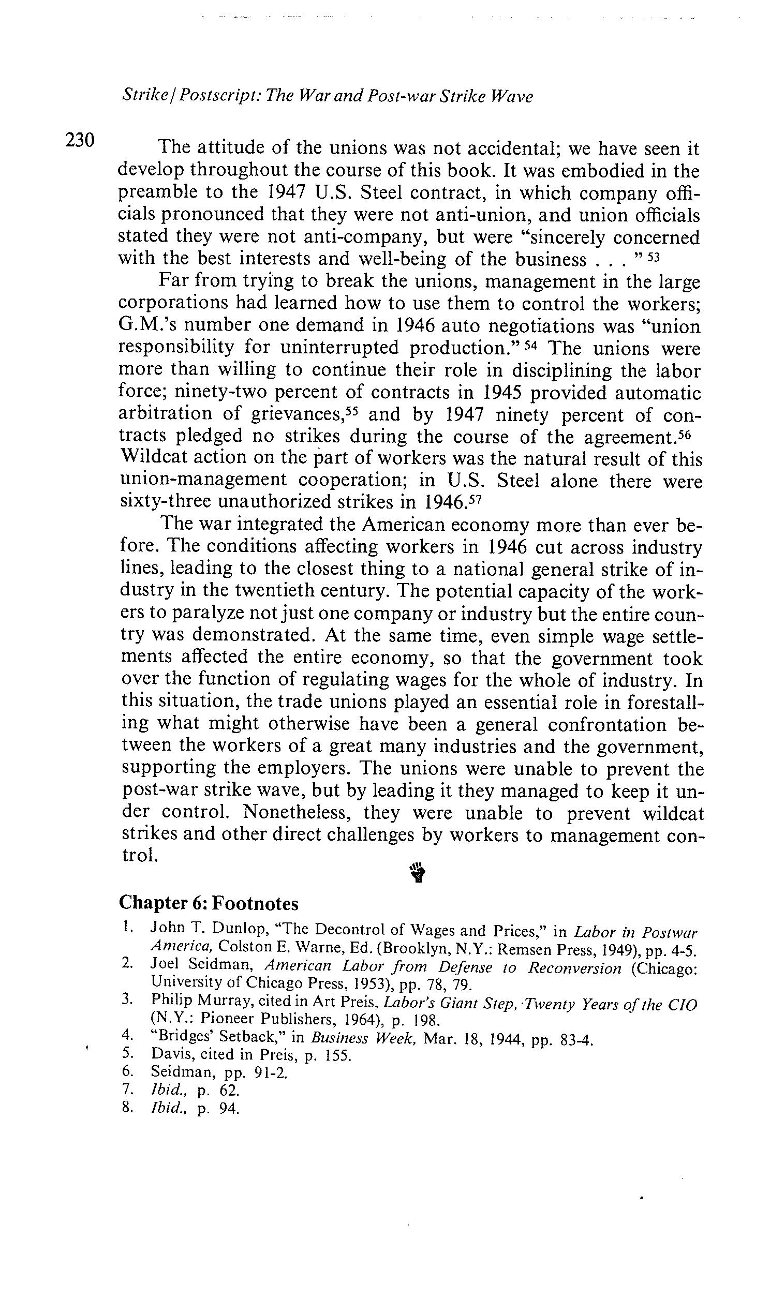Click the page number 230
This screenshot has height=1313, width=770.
pos(80,140)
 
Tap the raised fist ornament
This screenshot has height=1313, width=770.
pos(418,872)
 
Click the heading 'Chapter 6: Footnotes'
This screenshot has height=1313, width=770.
pos(209,903)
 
